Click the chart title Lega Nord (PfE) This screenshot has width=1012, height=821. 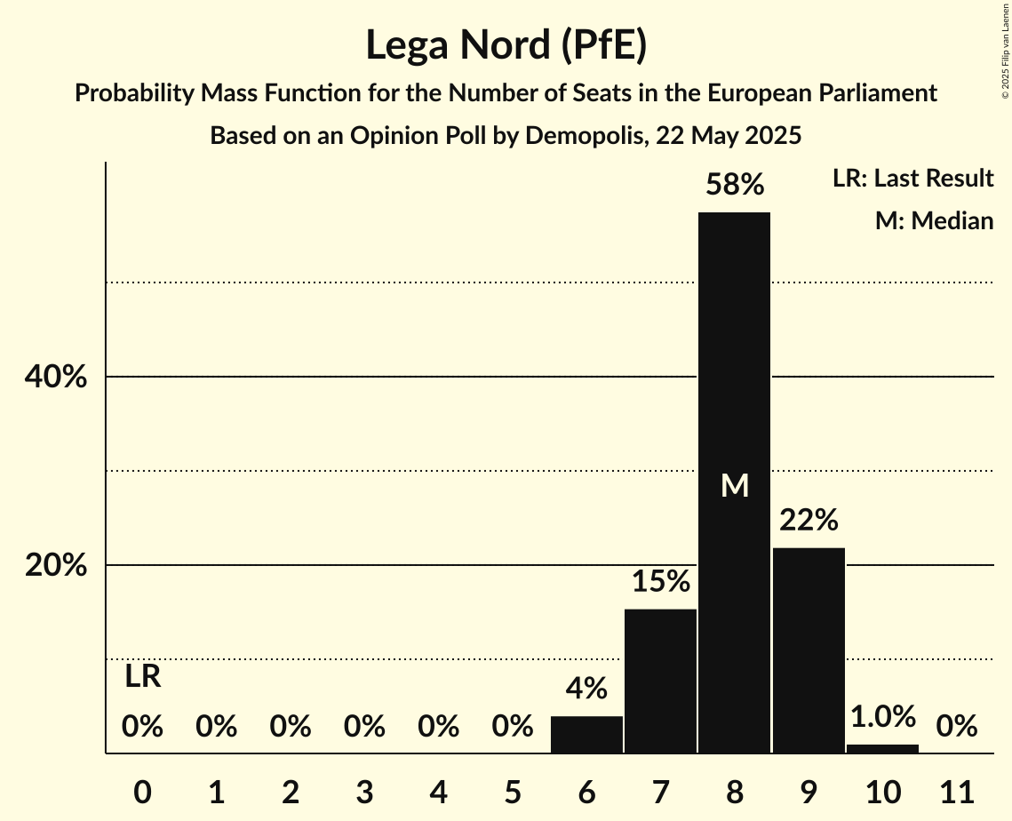(x=506, y=46)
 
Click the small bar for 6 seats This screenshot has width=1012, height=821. (x=586, y=735)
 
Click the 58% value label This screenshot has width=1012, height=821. (x=734, y=185)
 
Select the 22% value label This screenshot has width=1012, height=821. (x=809, y=521)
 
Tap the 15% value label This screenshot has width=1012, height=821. (x=660, y=582)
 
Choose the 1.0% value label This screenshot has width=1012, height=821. (x=882, y=716)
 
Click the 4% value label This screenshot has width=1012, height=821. (x=586, y=688)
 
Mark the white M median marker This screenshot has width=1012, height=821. (x=734, y=486)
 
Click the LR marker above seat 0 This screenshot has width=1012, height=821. (x=142, y=677)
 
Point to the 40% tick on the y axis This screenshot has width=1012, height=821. (x=55, y=378)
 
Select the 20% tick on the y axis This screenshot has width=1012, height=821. (x=55, y=566)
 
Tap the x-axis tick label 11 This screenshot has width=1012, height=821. (x=956, y=791)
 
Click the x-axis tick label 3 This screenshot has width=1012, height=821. (x=364, y=791)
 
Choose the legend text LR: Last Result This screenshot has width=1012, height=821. (x=912, y=179)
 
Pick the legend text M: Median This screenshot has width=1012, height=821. (x=934, y=221)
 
